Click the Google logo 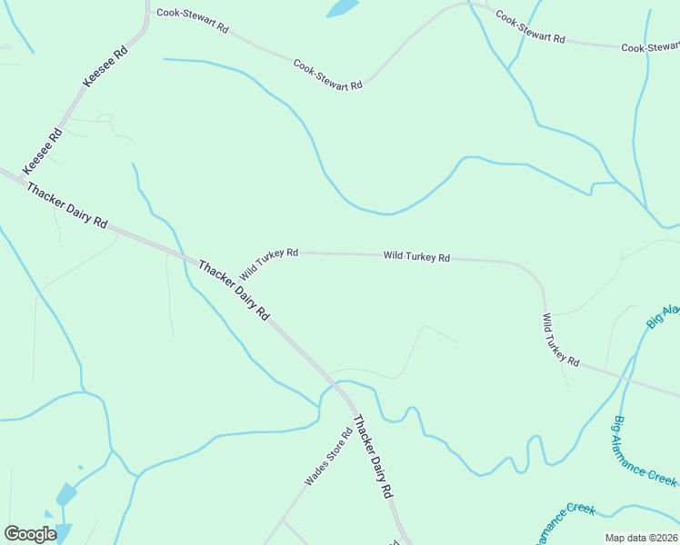tap(30, 534)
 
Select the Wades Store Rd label tap(328, 457)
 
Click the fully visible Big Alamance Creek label tap(645, 451)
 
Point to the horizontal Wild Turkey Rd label tap(416, 257)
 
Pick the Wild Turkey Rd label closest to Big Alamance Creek tap(561, 340)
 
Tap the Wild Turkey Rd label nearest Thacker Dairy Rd tap(269, 263)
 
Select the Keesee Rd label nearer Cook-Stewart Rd tap(105, 64)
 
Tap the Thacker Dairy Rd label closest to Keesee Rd tap(67, 205)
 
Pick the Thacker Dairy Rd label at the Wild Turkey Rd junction tap(234, 291)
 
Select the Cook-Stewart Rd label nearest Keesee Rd tap(192, 20)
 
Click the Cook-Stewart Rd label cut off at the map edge tap(650, 47)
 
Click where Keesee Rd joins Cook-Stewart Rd tap(146, 14)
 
